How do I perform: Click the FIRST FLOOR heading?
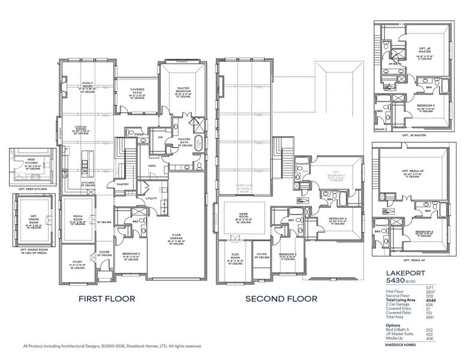(x=108, y=298)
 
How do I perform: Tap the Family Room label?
(x=87, y=85)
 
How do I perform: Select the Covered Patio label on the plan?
(x=138, y=90)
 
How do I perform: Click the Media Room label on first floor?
(x=78, y=217)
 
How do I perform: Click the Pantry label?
(x=123, y=184)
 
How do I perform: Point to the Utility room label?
(x=151, y=197)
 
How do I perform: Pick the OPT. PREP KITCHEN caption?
(x=32, y=188)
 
